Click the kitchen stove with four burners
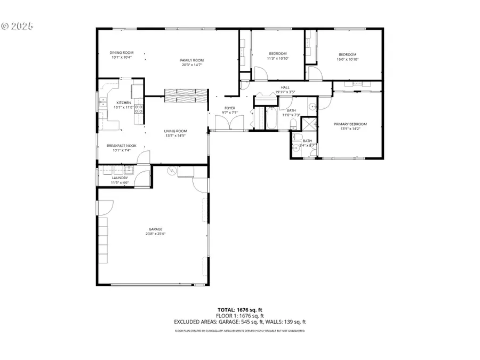[139, 109]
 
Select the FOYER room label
[229, 108]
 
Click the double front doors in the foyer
[229, 124]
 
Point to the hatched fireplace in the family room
[185, 95]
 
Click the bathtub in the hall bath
[271, 120]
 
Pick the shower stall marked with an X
[309, 124]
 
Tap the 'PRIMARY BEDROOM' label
[350, 124]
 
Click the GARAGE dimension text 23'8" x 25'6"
[155, 233]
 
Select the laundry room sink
[128, 171]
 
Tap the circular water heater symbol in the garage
[172, 171]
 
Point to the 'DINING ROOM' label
[122, 53]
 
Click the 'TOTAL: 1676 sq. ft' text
[239, 310]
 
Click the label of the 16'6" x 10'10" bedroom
[347, 54]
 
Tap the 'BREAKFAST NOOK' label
[122, 146]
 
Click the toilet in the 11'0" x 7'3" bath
[293, 124]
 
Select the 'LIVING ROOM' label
[175, 131]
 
